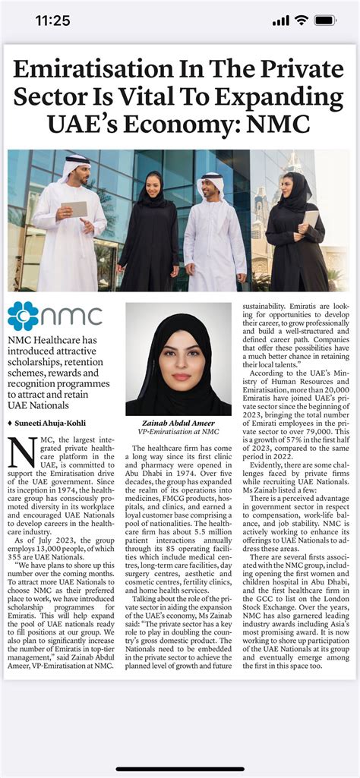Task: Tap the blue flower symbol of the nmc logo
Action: pyautogui.click(x=23, y=316)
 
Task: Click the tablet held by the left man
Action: pyautogui.click(x=74, y=209)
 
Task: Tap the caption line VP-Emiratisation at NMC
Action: pyautogui.click(x=178, y=433)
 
